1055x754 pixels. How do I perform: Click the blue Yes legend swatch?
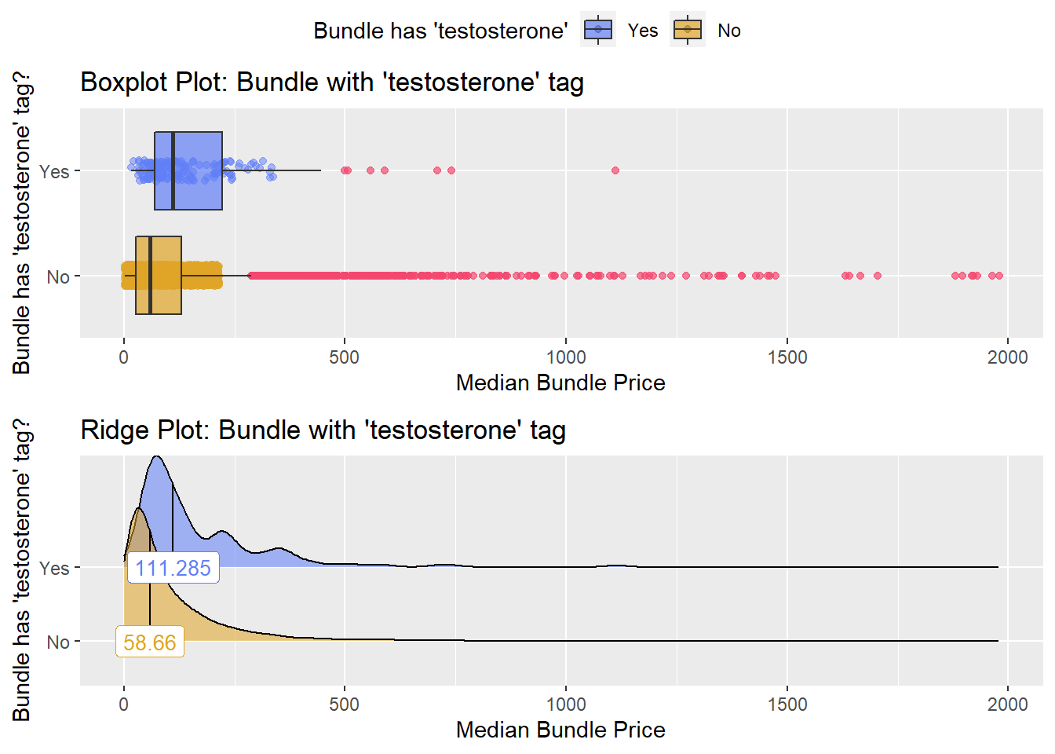pyautogui.click(x=598, y=31)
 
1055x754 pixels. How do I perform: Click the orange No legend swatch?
pyautogui.click(x=688, y=31)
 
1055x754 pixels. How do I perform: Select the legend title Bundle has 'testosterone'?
pyautogui.click(x=440, y=31)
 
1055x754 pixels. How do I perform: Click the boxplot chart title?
pyautogui.click(x=332, y=82)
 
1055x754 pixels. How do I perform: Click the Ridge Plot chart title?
pyautogui.click(x=323, y=430)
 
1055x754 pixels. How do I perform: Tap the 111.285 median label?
pyautogui.click(x=173, y=568)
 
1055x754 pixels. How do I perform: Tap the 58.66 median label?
pyautogui.click(x=150, y=642)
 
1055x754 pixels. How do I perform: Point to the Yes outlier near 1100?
pyautogui.click(x=615, y=170)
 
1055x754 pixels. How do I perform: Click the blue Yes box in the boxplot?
pyautogui.click(x=188, y=170)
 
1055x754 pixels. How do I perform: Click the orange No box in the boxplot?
pyautogui.click(x=159, y=276)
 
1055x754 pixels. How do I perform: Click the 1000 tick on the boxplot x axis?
pyautogui.click(x=566, y=357)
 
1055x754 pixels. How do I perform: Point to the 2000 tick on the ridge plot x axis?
pyautogui.click(x=1007, y=705)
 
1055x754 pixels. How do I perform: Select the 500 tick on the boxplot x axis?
pyautogui.click(x=345, y=357)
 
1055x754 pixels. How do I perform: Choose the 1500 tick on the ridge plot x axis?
pyautogui.click(x=787, y=705)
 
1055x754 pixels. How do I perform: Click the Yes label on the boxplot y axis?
pyautogui.click(x=54, y=171)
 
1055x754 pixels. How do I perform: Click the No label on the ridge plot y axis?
pyautogui.click(x=58, y=642)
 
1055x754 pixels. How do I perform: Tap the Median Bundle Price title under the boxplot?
pyautogui.click(x=560, y=382)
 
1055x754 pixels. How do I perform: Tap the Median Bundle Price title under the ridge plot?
pyautogui.click(x=560, y=730)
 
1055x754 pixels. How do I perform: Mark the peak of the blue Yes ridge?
pyautogui.click(x=157, y=457)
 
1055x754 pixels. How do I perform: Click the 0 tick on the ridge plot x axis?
pyautogui.click(x=124, y=705)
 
